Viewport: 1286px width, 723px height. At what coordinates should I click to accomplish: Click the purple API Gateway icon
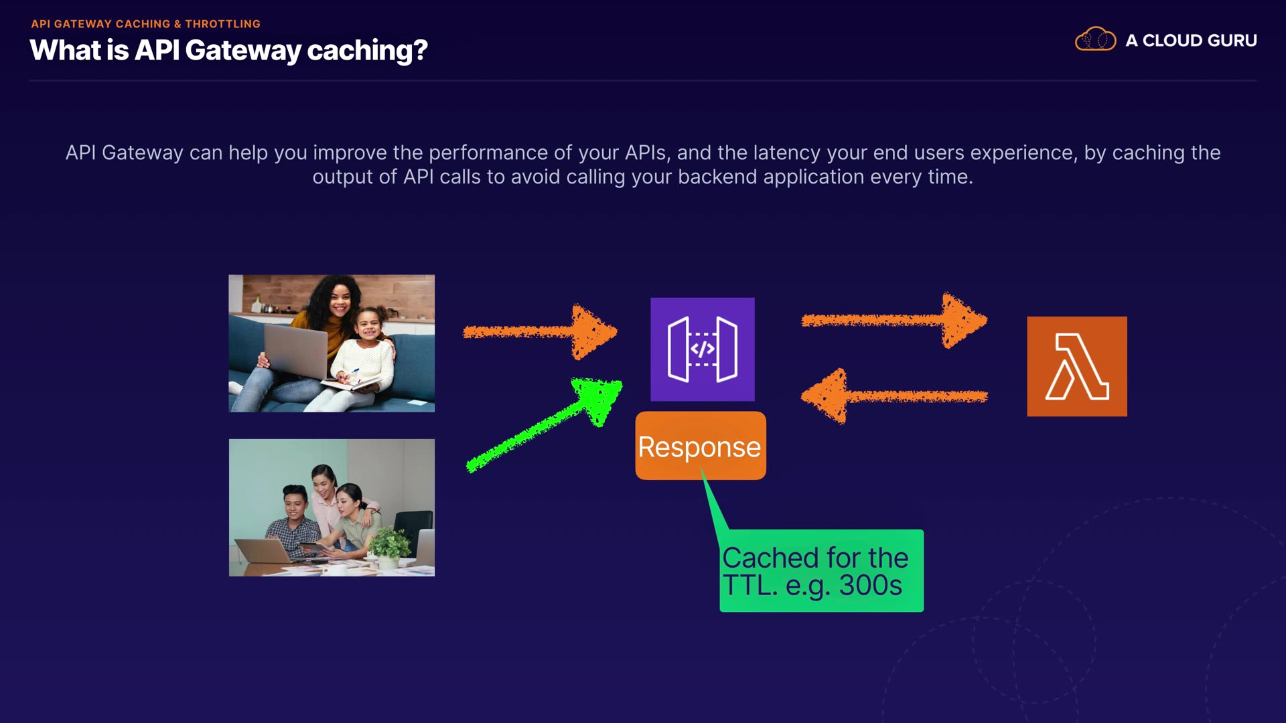(x=702, y=349)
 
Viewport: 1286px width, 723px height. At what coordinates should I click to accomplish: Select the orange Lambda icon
(x=1076, y=366)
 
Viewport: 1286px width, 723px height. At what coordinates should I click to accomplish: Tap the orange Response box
(x=700, y=446)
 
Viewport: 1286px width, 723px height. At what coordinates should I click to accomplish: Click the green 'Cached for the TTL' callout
(x=821, y=571)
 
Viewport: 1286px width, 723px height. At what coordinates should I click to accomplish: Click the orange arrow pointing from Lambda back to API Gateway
(x=894, y=396)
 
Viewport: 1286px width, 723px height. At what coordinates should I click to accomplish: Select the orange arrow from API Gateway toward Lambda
(x=894, y=321)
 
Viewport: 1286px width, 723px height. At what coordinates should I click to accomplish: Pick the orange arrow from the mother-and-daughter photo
(x=539, y=331)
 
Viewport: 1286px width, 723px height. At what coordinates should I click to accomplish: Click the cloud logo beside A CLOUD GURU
(x=1095, y=39)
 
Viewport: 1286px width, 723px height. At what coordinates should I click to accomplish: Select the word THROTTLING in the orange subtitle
(x=222, y=24)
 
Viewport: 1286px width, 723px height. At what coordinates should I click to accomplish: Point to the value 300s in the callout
(x=870, y=586)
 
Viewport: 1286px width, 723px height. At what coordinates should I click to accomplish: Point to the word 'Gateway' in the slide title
(x=242, y=51)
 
